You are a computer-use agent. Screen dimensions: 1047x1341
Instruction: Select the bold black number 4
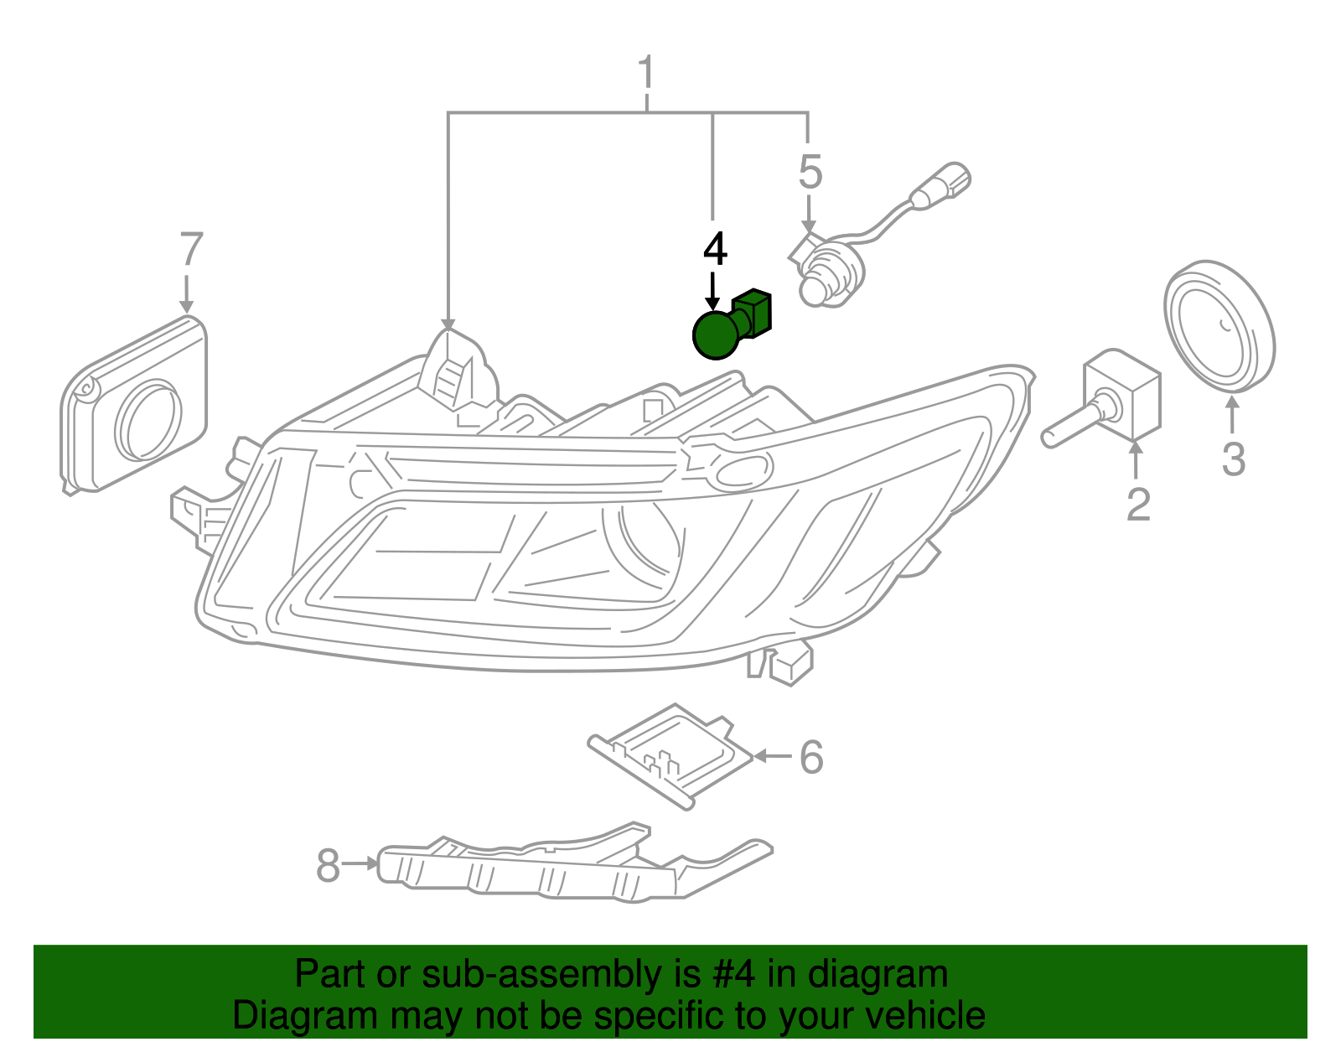(x=715, y=250)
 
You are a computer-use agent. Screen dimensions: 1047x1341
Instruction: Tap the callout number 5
(x=810, y=172)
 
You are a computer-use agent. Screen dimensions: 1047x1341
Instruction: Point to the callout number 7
(x=191, y=250)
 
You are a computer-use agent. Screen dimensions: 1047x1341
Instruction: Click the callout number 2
(x=1138, y=504)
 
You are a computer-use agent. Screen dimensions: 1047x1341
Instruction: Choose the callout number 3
(x=1233, y=459)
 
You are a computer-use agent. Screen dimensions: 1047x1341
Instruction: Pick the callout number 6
(x=810, y=757)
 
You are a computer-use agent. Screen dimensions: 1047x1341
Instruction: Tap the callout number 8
(x=328, y=865)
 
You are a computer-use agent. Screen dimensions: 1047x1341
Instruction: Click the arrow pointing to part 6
(x=772, y=756)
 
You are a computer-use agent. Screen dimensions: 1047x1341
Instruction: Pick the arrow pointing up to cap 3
(x=1232, y=416)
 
